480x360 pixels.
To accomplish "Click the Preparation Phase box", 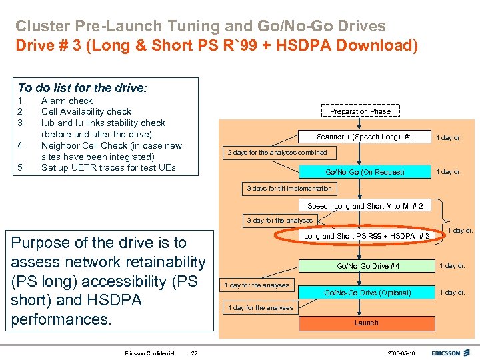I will tap(360, 111).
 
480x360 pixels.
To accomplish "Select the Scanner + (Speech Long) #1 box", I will tap(364, 137).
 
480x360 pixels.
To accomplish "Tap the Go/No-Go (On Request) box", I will tap(364, 172).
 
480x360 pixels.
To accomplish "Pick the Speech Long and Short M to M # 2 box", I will tap(364, 206).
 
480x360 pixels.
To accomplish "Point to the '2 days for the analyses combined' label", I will tap(277, 153).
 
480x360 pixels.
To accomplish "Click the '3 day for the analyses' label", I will tap(279, 221).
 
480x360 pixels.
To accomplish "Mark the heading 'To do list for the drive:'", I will tap(83, 87).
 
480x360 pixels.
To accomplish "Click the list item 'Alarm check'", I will tap(67, 101).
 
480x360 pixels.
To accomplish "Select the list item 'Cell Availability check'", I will tap(86, 111).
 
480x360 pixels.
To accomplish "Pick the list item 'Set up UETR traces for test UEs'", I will tap(108, 167).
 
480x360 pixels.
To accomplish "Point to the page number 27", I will tap(193, 353).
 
